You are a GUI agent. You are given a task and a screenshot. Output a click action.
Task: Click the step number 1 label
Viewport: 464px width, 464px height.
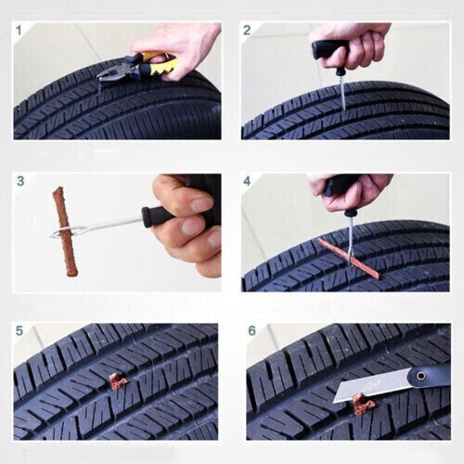(x=19, y=29)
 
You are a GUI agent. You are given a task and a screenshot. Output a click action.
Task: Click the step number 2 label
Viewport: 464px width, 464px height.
(x=247, y=30)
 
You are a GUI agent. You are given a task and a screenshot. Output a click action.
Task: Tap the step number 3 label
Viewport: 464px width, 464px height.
(x=19, y=180)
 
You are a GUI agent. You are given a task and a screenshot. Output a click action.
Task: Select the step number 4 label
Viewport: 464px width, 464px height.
(x=247, y=180)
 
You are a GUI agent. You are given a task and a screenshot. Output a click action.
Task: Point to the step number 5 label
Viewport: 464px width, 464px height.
(x=19, y=330)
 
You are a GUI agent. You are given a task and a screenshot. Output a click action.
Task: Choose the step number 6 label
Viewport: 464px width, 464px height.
(x=252, y=330)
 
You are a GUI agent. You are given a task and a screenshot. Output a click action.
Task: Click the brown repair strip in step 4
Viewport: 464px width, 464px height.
(x=348, y=258)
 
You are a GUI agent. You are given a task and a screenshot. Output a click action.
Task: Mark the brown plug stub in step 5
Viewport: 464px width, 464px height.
(x=117, y=380)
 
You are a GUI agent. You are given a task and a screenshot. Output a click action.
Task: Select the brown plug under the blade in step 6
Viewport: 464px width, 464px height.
(x=362, y=405)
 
